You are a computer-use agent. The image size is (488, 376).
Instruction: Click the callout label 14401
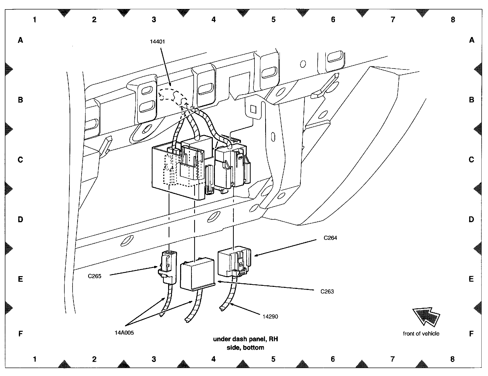click(157, 41)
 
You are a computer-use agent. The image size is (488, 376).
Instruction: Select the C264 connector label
click(330, 238)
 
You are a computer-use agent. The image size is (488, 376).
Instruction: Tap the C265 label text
click(95, 276)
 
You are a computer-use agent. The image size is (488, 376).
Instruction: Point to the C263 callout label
click(327, 291)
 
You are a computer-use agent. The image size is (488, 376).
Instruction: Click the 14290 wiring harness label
click(270, 316)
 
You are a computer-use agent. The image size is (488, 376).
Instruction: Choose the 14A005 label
click(124, 333)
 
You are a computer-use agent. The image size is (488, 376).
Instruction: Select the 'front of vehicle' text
click(421, 334)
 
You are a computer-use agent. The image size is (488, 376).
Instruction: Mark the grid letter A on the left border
click(20, 40)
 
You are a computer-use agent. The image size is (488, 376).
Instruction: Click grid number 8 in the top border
click(453, 19)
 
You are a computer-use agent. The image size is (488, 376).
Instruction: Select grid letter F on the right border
click(472, 334)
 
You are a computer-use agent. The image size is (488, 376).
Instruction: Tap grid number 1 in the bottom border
click(34, 359)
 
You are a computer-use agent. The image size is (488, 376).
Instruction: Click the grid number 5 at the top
click(273, 19)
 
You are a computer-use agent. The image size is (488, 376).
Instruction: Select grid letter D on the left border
click(20, 219)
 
